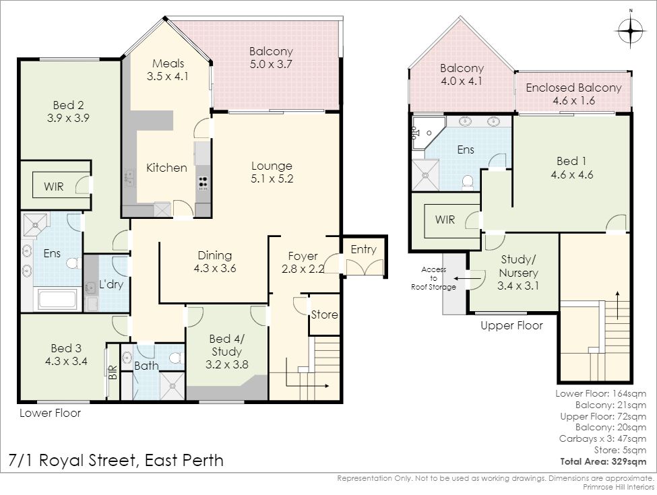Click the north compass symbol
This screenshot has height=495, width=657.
coord(630,30)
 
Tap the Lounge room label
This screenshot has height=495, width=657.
coord(272,166)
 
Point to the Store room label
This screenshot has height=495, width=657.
coord(324,315)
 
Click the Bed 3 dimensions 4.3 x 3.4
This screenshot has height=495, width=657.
coord(66,361)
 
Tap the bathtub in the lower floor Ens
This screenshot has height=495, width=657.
coord(58,299)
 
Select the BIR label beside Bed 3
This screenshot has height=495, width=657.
coord(113,372)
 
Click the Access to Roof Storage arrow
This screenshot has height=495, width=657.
coord(462,277)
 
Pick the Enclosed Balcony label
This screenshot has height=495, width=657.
coord(573,88)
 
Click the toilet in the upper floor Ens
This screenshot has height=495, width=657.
coord(467,183)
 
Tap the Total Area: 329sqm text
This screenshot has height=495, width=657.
coord(603,461)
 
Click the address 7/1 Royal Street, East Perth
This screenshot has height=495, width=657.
coord(116,460)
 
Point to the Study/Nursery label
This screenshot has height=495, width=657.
coord(518,266)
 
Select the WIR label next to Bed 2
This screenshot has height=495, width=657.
coord(54,187)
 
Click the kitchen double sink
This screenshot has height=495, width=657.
coord(129,178)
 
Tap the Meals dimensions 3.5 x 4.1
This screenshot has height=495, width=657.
coord(168,76)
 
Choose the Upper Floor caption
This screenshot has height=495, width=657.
coord(511,325)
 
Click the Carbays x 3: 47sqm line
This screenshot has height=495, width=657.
coord(602,438)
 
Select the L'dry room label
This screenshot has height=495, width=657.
coord(111,284)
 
